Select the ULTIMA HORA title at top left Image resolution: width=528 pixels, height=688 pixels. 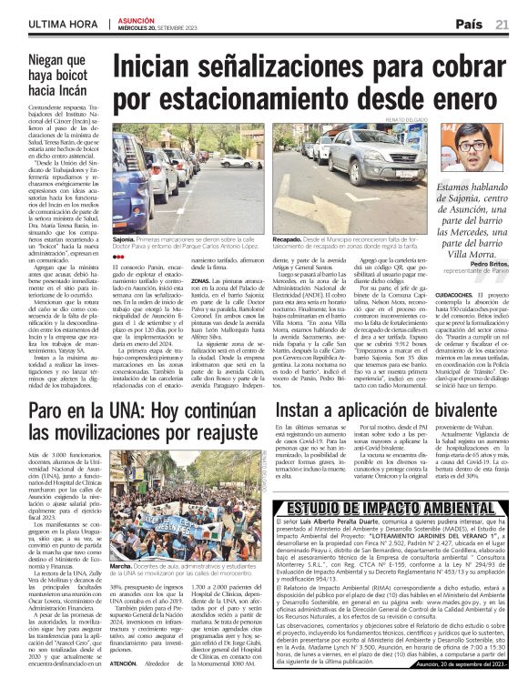tap(42, 22)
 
